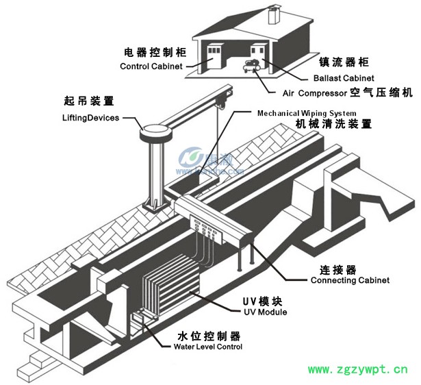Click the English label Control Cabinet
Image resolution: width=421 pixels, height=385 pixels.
point(151,66)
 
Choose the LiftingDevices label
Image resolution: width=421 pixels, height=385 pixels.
point(91,118)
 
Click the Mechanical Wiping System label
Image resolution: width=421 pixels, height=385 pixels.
point(307,113)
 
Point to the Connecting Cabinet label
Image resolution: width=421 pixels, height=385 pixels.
point(350,280)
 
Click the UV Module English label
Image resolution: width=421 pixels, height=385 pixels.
point(255,312)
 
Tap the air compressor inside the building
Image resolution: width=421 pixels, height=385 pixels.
point(249,66)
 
